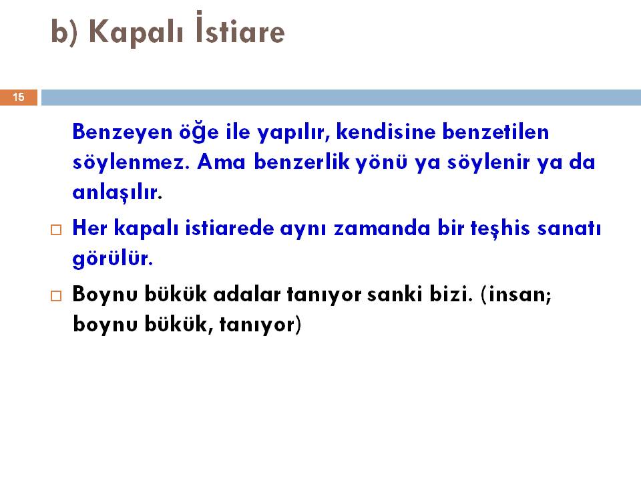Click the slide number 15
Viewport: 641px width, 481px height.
tap(19, 97)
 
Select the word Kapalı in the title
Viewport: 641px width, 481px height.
tap(136, 32)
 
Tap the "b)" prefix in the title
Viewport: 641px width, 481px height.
tap(64, 32)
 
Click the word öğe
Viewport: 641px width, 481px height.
tap(199, 132)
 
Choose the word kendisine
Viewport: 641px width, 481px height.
tap(386, 132)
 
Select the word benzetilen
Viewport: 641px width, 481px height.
tap(496, 132)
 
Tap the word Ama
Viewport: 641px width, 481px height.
tap(222, 162)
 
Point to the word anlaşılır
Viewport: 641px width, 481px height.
tap(118, 192)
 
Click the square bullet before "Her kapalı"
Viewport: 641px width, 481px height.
tap(56, 229)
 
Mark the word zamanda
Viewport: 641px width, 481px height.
tap(382, 228)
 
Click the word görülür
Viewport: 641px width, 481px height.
tap(112, 259)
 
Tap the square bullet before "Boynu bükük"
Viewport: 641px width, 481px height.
tap(56, 296)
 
